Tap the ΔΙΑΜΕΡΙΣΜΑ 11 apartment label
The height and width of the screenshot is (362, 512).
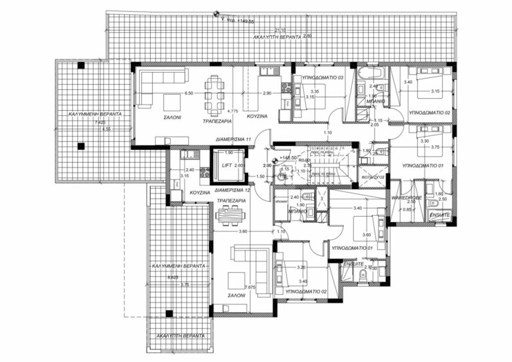click(228, 139)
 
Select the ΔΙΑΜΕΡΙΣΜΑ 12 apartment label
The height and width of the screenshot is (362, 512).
click(228, 190)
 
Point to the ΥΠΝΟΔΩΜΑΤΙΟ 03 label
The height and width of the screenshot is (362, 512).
click(323, 78)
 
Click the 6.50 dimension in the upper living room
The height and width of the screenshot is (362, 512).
click(188, 94)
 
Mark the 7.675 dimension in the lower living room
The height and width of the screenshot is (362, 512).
click(251, 287)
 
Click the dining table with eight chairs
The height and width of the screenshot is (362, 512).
click(214, 95)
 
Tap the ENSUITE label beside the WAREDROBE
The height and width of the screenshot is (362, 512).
click(440, 215)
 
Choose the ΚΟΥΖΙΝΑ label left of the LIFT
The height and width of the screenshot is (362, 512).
click(200, 193)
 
